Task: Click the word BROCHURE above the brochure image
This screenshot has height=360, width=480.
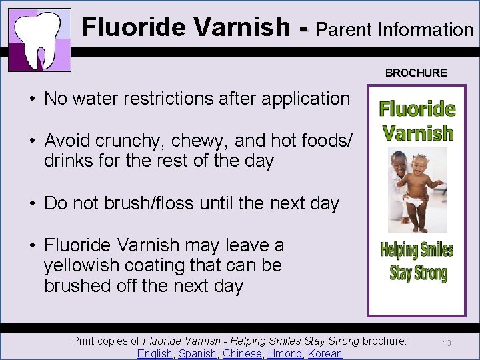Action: click(416, 73)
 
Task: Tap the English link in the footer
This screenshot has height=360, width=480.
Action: click(155, 353)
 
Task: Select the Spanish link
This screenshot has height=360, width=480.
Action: click(198, 353)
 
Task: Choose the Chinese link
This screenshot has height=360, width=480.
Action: click(242, 353)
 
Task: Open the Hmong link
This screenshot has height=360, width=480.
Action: click(285, 353)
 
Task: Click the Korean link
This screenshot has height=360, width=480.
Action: click(325, 353)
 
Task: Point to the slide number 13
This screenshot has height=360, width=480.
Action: click(447, 343)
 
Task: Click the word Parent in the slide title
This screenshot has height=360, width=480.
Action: click(344, 29)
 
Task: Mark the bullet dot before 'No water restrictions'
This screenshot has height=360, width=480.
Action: click(32, 99)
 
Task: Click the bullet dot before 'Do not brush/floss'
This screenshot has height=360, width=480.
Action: click(32, 204)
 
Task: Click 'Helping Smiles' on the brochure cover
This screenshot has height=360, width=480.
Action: click(417, 251)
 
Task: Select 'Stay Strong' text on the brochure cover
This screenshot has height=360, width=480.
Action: click(418, 273)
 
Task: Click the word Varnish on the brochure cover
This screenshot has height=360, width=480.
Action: click(418, 133)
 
